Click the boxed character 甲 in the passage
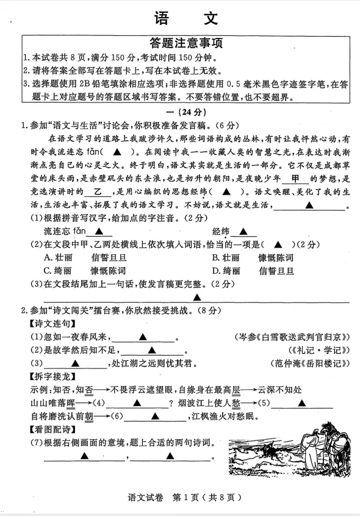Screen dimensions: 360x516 click(295, 179)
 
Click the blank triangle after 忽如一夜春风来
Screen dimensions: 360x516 click(142, 337)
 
